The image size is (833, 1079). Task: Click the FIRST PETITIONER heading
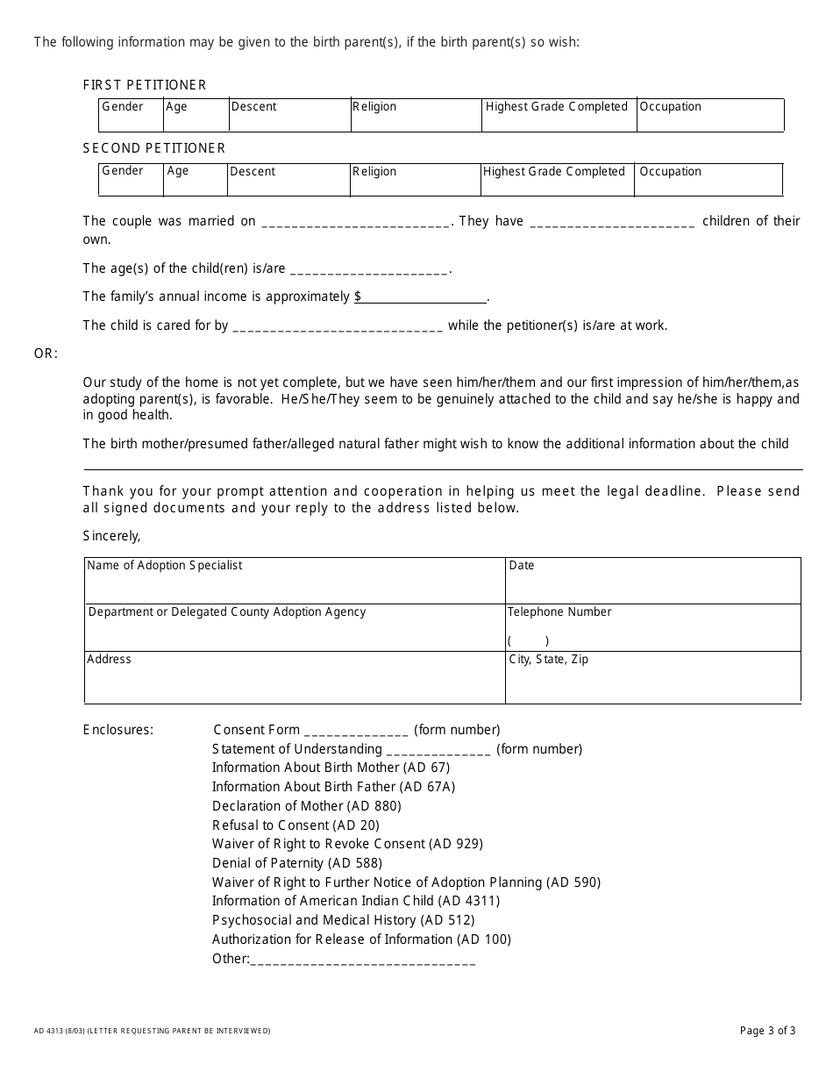(x=145, y=85)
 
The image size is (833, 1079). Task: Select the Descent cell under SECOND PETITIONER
(x=288, y=179)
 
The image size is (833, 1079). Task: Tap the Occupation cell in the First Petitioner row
(x=709, y=115)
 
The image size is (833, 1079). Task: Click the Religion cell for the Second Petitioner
(x=414, y=179)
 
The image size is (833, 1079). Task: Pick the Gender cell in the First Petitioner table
(x=131, y=115)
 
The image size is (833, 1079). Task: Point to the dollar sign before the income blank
(x=358, y=297)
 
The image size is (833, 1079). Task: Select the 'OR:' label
(x=46, y=354)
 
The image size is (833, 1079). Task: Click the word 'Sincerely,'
(x=111, y=535)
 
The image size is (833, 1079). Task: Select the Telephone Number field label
(x=559, y=611)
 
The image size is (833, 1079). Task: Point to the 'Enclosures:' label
(x=118, y=730)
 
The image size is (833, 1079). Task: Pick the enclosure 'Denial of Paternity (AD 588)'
(x=297, y=863)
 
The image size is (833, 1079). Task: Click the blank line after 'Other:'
(x=363, y=961)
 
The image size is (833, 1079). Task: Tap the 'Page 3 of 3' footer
(x=768, y=1031)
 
